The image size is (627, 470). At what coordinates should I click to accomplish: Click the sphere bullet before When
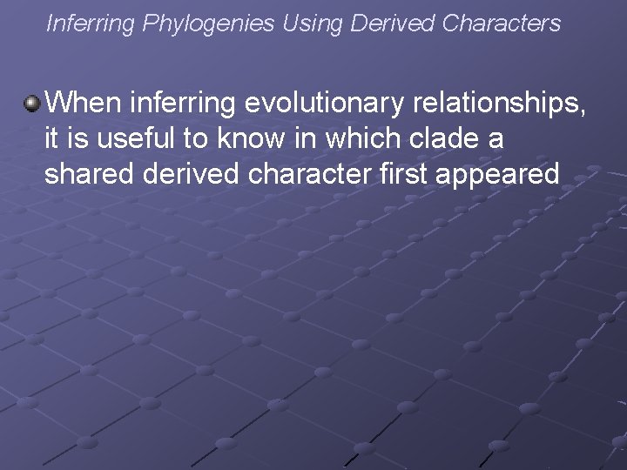tap(32, 104)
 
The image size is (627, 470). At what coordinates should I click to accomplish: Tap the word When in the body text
tap(84, 104)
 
